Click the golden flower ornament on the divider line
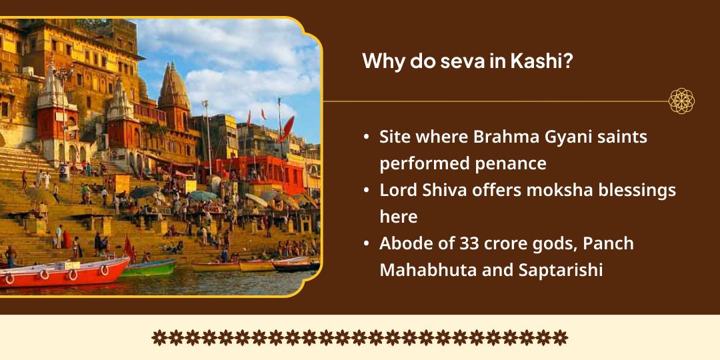(681, 101)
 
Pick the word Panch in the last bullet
(608, 243)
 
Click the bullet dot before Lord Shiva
(367, 191)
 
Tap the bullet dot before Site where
(367, 137)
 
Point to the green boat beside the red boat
(150, 267)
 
